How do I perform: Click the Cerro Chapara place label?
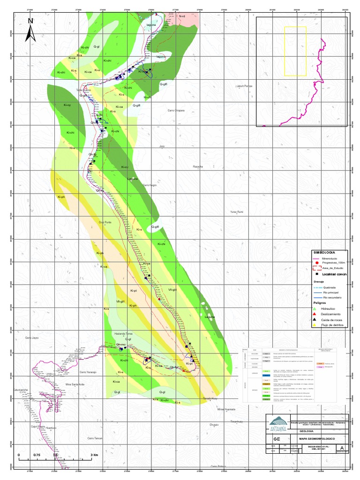pyautogui.click(x=176, y=111)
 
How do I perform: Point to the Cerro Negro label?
pyautogui.click(x=149, y=185)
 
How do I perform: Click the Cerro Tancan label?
pyautogui.click(x=94, y=438)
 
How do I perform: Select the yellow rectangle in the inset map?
pyautogui.click(x=295, y=51)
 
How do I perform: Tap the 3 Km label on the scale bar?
pyautogui.click(x=94, y=455)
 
